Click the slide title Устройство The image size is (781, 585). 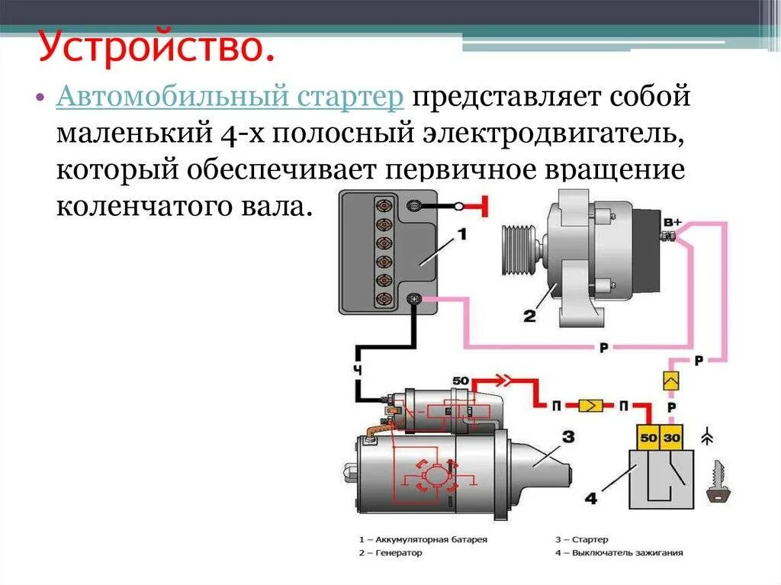(156, 47)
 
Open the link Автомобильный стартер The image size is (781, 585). (230, 98)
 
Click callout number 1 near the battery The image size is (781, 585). (461, 236)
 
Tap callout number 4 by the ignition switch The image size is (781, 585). (590, 499)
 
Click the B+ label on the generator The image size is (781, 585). (672, 223)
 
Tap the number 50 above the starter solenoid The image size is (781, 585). (460, 381)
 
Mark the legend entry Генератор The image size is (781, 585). (396, 553)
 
